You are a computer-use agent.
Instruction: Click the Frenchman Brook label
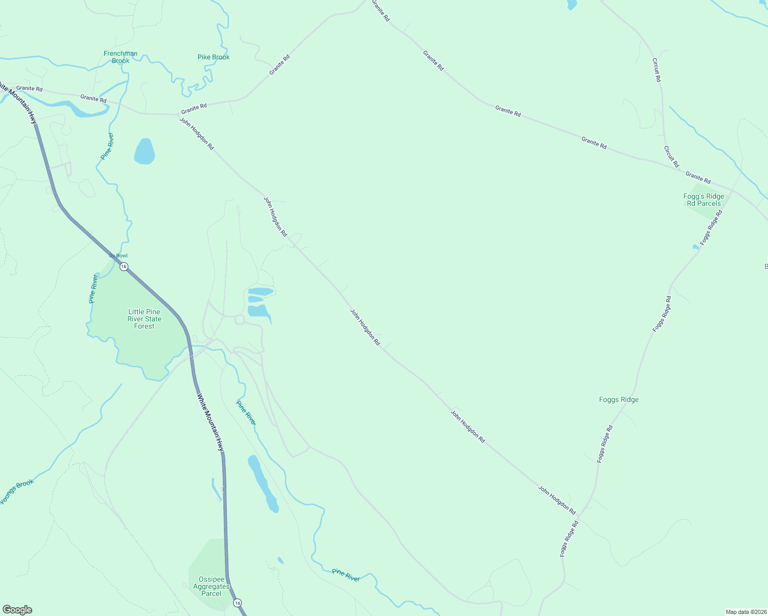121,57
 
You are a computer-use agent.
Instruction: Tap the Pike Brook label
214,57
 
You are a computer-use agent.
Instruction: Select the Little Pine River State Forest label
144,319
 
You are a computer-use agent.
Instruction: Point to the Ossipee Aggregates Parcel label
211,586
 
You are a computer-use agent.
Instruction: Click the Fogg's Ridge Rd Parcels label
704,200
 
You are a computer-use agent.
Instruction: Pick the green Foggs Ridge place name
619,399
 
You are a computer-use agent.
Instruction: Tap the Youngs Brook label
17,491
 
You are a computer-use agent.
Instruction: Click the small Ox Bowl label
118,256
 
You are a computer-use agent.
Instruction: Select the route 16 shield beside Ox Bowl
124,266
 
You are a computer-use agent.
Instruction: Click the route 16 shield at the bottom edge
237,602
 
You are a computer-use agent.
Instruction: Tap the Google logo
17,610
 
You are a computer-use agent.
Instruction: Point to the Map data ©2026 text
745,612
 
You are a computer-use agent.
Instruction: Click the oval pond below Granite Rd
144,151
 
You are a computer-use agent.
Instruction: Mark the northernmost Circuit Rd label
656,70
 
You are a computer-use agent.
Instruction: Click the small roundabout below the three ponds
240,320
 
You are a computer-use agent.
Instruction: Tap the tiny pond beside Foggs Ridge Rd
696,247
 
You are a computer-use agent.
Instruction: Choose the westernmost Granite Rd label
29,88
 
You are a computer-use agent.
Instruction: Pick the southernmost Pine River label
345,575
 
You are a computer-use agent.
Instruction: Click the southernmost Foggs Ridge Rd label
569,539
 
